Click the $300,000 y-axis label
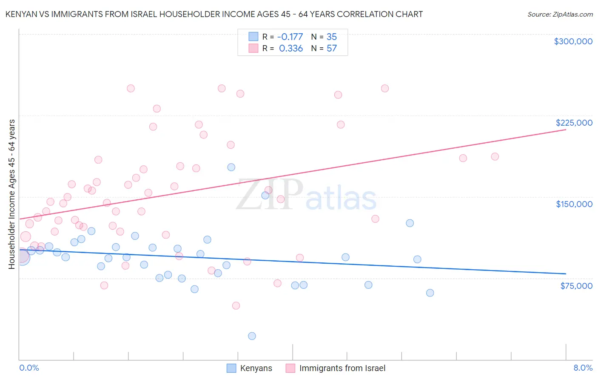(x=573, y=41)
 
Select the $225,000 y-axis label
(x=574, y=123)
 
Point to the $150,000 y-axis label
(x=574, y=204)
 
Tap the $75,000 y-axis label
(x=576, y=286)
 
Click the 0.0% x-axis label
(x=29, y=368)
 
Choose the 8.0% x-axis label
(x=583, y=368)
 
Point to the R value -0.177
(x=290, y=37)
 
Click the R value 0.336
(x=291, y=49)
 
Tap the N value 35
(x=332, y=37)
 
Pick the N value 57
(x=332, y=49)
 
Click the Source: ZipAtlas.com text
(x=560, y=14)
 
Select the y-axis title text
(x=12, y=194)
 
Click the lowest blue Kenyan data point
(x=252, y=336)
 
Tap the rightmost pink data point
(x=495, y=157)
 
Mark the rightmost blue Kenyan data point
(x=430, y=293)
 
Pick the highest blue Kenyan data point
(x=231, y=167)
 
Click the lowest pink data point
(x=236, y=305)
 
